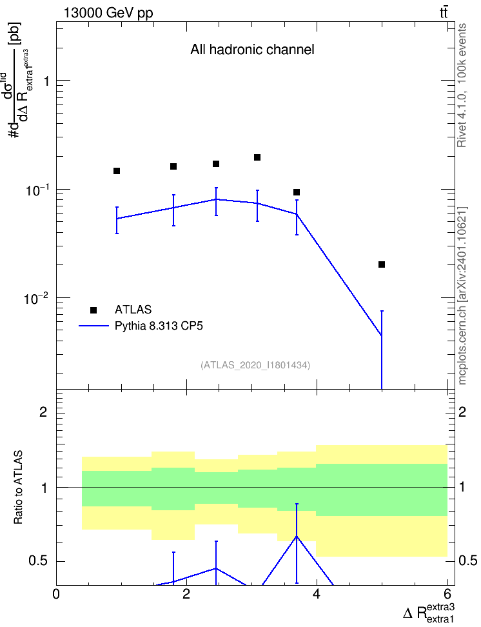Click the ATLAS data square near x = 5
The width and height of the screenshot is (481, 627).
(382, 264)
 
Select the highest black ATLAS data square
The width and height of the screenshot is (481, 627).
(257, 157)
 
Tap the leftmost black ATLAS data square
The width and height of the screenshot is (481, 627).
(117, 171)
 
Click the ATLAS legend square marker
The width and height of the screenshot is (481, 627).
(93, 310)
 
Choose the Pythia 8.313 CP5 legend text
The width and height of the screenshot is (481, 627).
(159, 326)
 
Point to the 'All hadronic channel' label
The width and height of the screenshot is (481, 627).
(252, 50)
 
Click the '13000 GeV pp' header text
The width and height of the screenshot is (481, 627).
(108, 13)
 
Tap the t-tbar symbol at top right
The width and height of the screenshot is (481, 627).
(444, 12)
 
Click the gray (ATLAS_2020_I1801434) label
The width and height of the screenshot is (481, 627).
(255, 365)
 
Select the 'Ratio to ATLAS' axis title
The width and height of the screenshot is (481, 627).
(19, 488)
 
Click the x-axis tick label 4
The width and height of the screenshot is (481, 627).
(317, 594)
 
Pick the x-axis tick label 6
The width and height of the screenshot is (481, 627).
(447, 594)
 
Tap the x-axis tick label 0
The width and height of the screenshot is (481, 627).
(56, 594)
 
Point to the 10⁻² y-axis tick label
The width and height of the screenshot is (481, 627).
(36, 298)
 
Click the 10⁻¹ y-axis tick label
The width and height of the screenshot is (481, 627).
(36, 190)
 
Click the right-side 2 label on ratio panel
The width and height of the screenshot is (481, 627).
(462, 412)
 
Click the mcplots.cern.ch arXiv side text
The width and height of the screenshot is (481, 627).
(462, 295)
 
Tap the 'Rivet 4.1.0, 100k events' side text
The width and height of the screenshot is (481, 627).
(462, 85)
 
